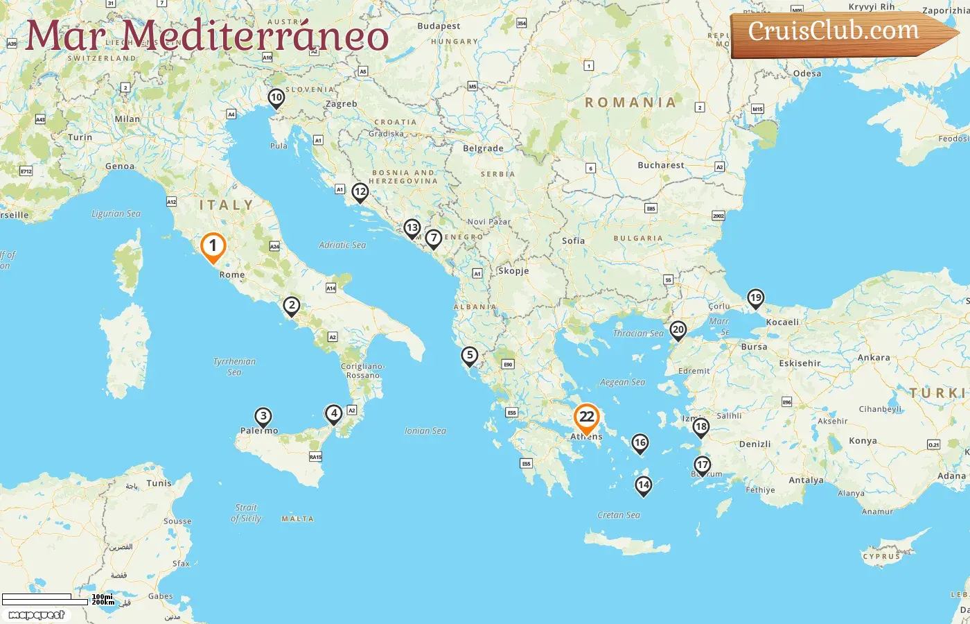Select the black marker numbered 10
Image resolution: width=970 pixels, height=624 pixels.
[276, 98]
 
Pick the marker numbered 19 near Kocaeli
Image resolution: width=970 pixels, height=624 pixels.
[755, 299]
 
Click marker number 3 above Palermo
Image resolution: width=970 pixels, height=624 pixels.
[263, 417]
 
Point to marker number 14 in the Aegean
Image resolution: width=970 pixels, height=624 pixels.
[644, 485]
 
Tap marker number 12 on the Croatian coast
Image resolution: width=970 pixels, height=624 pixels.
[360, 192]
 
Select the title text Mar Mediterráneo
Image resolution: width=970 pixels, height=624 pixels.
[206, 36]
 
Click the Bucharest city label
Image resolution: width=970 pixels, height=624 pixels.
[660, 165]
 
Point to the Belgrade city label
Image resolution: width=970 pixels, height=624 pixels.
[483, 148]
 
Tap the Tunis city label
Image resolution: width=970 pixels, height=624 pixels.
[159, 483]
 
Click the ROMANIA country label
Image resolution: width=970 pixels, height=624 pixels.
[630, 103]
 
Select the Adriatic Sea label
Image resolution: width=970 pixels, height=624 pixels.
[342, 245]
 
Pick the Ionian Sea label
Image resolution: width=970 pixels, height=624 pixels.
[425, 431]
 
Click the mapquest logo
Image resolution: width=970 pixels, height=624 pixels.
[37, 614]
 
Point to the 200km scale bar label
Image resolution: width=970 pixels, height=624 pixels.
[103, 603]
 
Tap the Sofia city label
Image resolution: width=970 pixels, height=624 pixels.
[573, 241]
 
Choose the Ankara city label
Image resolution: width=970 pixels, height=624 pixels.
[874, 358]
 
